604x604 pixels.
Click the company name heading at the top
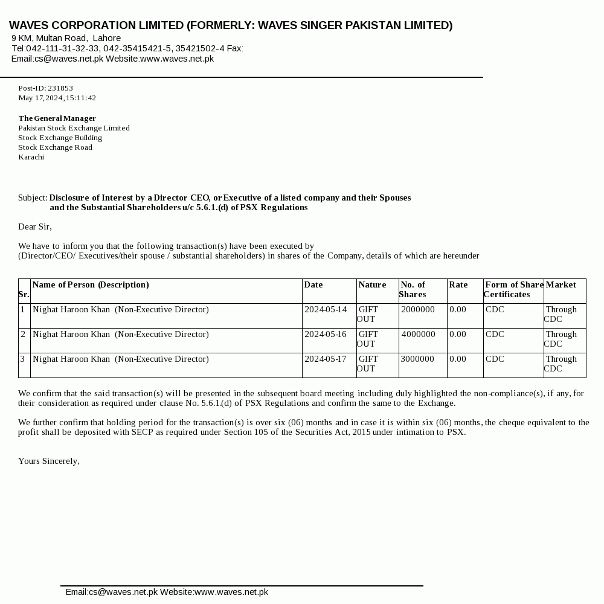(231, 25)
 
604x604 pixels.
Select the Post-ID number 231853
(60, 88)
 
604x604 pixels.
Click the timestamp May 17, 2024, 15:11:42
(57, 98)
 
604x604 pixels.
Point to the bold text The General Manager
(57, 118)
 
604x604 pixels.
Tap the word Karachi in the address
(31, 157)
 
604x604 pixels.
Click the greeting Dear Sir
(35, 226)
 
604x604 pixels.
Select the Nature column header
(372, 285)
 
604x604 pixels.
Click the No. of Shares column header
(413, 289)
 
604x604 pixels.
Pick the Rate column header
(458, 285)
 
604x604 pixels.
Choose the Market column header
(561, 285)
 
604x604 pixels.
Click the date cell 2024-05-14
(326, 310)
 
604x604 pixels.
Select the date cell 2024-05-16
(326, 335)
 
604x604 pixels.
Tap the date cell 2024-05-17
(326, 359)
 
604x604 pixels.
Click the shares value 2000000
(418, 310)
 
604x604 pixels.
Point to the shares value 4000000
(418, 335)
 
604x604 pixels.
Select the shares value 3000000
(417, 359)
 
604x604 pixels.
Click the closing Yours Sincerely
(49, 461)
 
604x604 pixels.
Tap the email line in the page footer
(167, 592)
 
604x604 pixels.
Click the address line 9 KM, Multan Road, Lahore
(66, 38)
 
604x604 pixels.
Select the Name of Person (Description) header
(91, 285)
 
